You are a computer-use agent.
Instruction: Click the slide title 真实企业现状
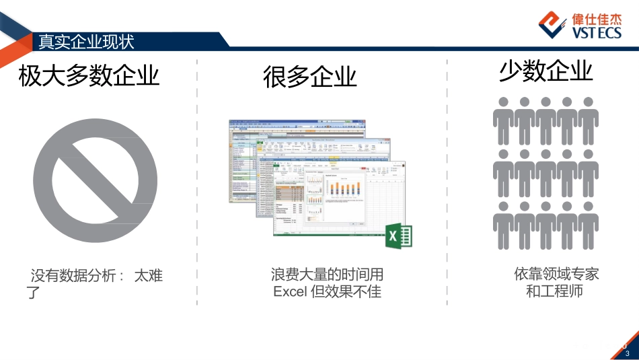pos(86,42)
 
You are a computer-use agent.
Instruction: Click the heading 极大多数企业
pos(89,75)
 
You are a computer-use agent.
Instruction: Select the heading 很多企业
pos(310,77)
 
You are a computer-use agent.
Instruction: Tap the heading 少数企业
pos(546,71)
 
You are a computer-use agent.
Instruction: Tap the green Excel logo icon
pos(398,236)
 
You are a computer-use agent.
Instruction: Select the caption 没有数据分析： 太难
pos(97,275)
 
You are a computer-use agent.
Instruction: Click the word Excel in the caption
pos(290,292)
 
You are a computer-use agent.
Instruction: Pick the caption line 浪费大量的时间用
pos(327,275)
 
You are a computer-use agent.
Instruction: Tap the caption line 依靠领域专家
pos(556,274)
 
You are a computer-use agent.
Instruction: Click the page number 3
pos(628,353)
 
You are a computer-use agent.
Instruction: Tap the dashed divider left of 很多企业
pos(197,182)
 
